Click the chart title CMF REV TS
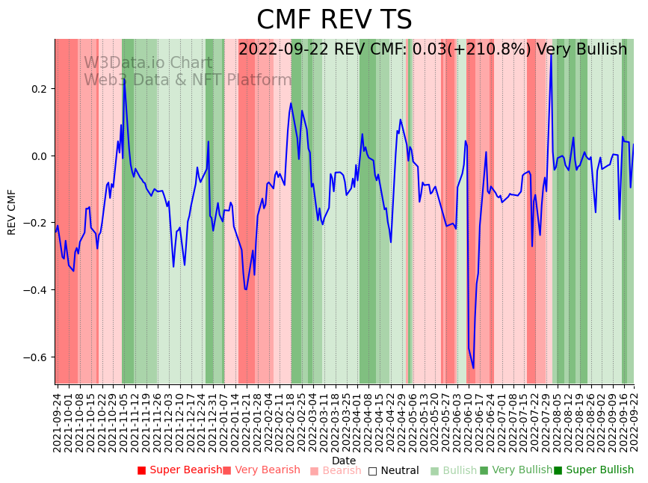334,20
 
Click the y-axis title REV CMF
12,212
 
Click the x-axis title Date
344,461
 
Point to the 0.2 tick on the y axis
38,89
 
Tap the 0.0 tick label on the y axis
38,156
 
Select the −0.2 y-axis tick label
35,223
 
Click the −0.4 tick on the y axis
35,290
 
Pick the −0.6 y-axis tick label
35,357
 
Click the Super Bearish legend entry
180,470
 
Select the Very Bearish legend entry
261,470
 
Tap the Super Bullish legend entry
593,470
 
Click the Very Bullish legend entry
516,470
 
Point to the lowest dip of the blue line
473,368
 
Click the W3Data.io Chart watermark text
148,64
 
